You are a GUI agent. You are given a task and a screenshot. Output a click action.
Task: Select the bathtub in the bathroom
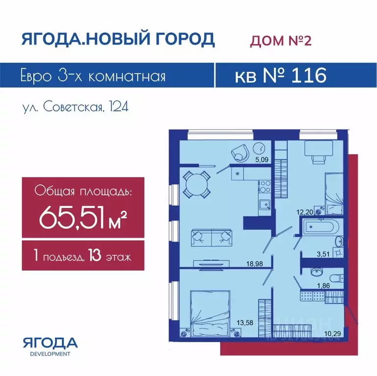[x=319, y=228]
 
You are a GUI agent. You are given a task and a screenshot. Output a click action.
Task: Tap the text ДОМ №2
[x=281, y=41]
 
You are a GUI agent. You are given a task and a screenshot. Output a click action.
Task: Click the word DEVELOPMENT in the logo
[x=50, y=353]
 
